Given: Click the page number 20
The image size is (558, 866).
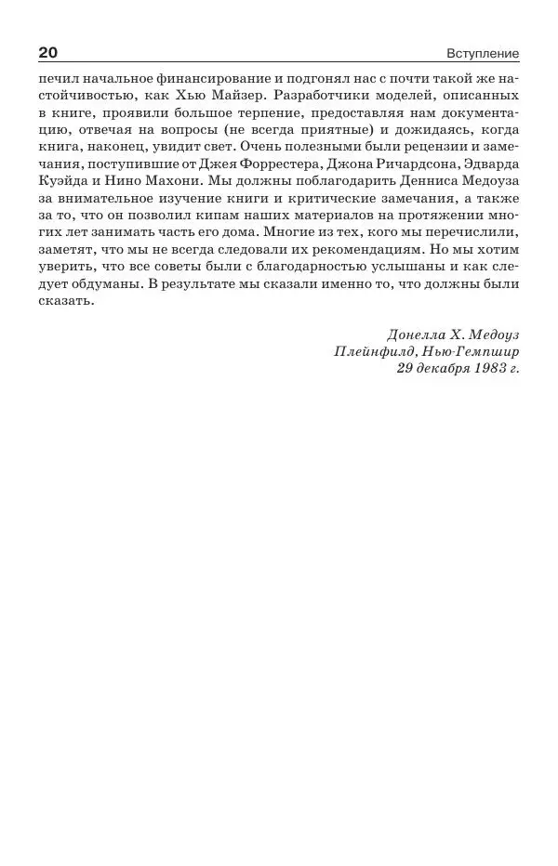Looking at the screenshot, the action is (47, 53).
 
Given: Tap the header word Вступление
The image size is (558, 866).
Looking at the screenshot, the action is (483, 54).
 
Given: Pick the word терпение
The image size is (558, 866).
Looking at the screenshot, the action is (263, 114).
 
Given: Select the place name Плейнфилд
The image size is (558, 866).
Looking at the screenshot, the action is (375, 352).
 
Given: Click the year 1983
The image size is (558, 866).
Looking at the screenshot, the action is (485, 369).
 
